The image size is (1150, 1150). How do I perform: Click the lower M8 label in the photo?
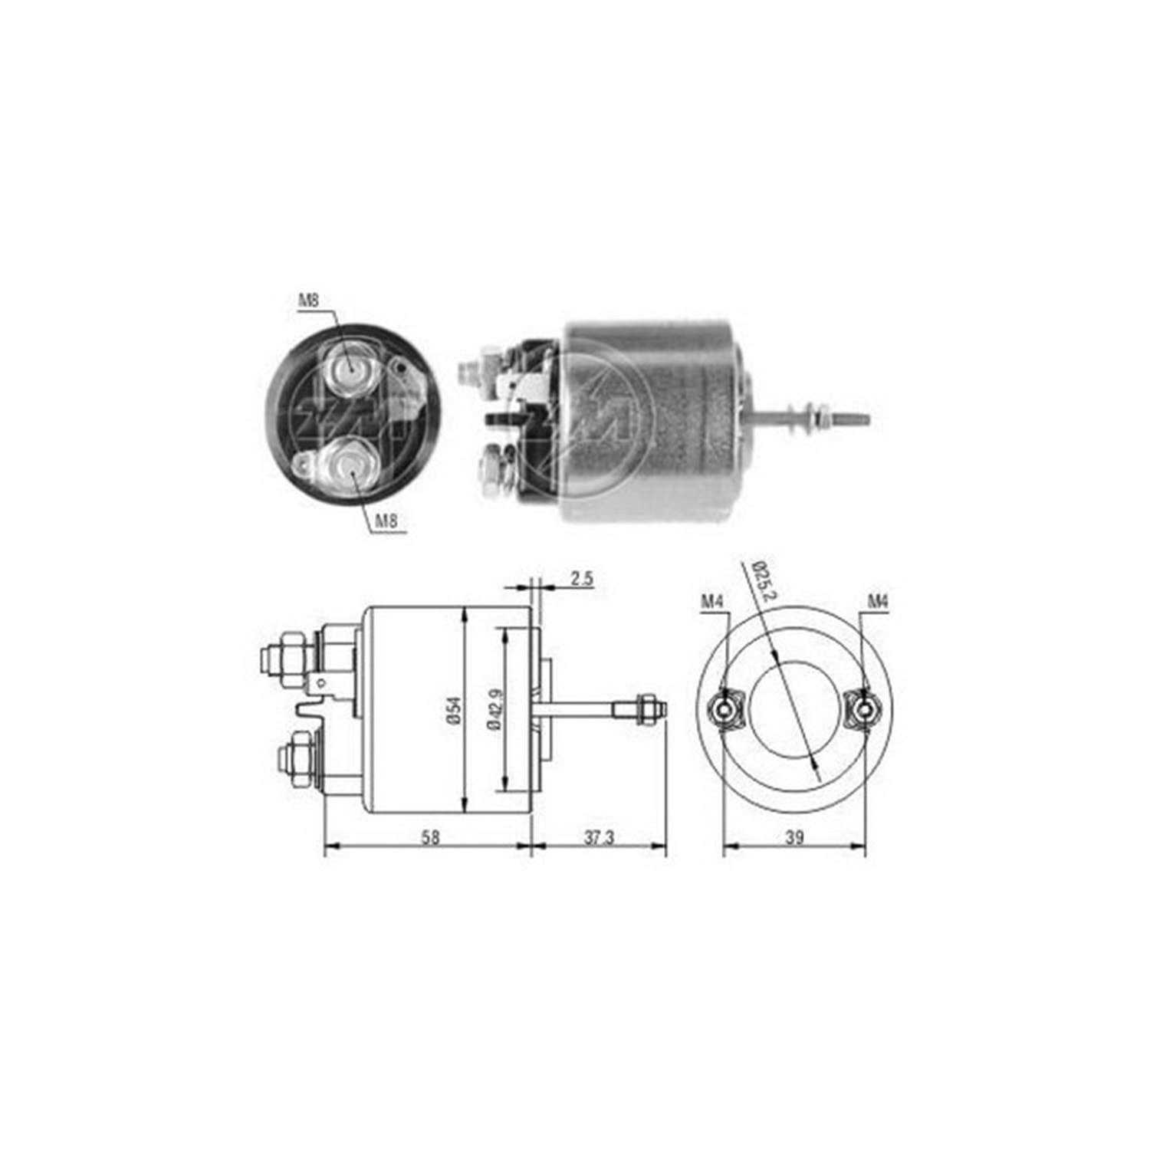tap(386, 522)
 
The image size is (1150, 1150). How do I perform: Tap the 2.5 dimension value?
tap(582, 579)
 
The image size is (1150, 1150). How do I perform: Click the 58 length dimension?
tap(430, 837)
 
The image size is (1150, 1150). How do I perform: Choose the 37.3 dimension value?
tap(600, 837)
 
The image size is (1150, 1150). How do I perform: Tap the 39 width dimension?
tap(795, 837)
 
